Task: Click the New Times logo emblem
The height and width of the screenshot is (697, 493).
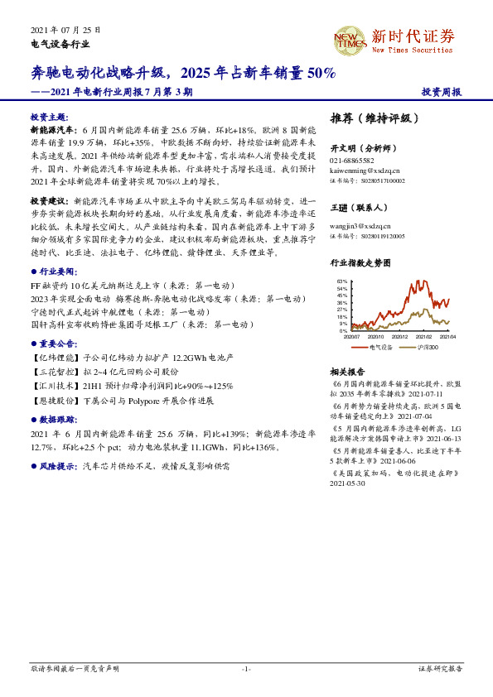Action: [349, 39]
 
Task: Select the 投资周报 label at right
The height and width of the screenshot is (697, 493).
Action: [441, 92]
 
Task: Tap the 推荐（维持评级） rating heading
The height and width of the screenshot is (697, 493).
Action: [370, 118]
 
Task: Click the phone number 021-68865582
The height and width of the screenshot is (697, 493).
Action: [352, 161]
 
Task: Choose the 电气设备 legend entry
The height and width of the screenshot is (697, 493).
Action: [378, 347]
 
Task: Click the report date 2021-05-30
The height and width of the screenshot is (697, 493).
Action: [348, 484]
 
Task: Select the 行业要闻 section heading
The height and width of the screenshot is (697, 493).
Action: [58, 271]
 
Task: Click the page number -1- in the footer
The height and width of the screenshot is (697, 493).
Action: [246, 668]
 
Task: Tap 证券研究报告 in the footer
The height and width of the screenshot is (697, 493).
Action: [440, 668]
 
